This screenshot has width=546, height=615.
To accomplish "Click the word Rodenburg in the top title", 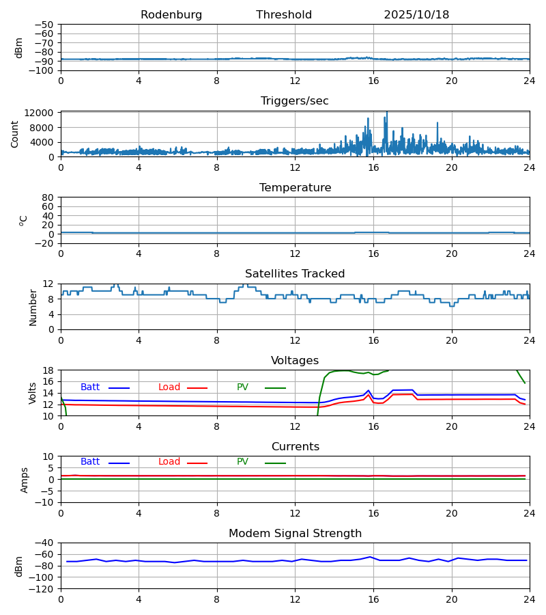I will [171, 15].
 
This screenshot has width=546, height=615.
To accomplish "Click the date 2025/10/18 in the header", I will [416, 15].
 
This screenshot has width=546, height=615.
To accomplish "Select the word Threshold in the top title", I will [284, 15].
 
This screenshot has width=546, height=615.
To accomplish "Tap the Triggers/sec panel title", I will [295, 101].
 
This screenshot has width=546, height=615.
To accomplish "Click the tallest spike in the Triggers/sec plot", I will [387, 113].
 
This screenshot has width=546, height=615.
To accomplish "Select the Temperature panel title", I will [295, 188].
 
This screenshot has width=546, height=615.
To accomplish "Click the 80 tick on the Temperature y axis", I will [48, 197].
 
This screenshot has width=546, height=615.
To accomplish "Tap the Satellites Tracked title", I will [295, 274].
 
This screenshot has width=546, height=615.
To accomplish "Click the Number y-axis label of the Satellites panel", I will [33, 307].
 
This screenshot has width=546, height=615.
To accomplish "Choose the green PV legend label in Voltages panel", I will [242, 387].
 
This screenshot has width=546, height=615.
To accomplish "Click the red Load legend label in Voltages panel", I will [169, 387].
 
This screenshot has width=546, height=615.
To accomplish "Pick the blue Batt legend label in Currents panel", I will [90, 462].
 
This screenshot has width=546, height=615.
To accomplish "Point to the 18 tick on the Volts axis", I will [48, 370].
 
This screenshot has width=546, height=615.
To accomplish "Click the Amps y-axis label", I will [25, 480].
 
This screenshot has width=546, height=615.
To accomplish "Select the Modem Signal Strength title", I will [295, 534].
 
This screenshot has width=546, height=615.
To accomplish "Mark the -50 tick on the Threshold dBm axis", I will [44, 25].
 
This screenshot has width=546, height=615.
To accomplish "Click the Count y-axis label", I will [15, 134].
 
